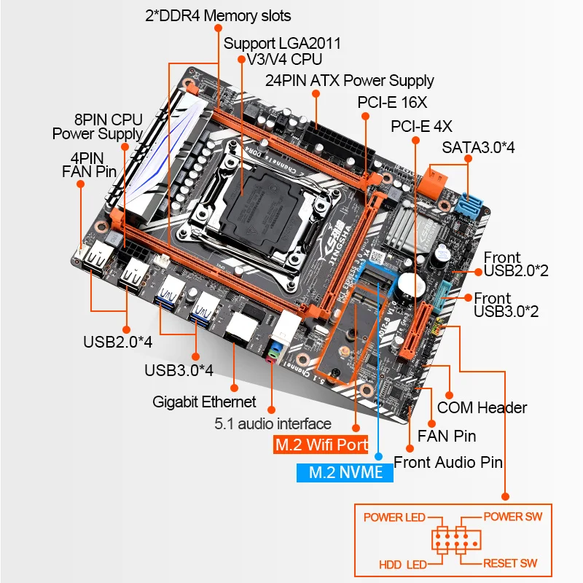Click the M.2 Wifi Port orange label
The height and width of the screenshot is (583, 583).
pyautogui.click(x=321, y=445)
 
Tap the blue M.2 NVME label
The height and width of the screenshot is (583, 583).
pyautogui.click(x=345, y=472)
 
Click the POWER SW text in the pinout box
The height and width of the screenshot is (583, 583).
pyautogui.click(x=513, y=517)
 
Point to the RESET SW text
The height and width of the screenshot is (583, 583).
pyautogui.click(x=510, y=563)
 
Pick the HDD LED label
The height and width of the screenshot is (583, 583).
pyautogui.click(x=402, y=564)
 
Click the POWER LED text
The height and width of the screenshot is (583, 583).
pyautogui.click(x=394, y=517)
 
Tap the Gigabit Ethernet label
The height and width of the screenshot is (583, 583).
pyautogui.click(x=205, y=402)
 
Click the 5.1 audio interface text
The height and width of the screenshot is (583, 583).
pyautogui.click(x=273, y=423)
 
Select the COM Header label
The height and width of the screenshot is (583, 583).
pyautogui.click(x=482, y=407)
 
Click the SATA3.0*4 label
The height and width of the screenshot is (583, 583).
pyautogui.click(x=479, y=147)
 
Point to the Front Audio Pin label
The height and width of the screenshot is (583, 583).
pyautogui.click(x=448, y=461)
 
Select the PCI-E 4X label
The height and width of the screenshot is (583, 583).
pyautogui.click(x=422, y=125)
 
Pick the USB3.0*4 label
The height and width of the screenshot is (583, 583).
pyautogui.click(x=179, y=369)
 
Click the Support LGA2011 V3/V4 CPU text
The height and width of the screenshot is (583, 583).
pyautogui.click(x=282, y=51)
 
